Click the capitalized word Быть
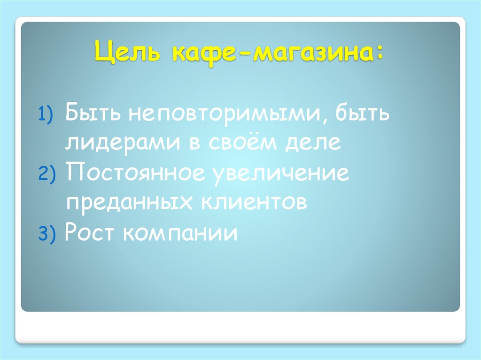[92, 114]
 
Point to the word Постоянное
[135, 174]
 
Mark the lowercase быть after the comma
[363, 114]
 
